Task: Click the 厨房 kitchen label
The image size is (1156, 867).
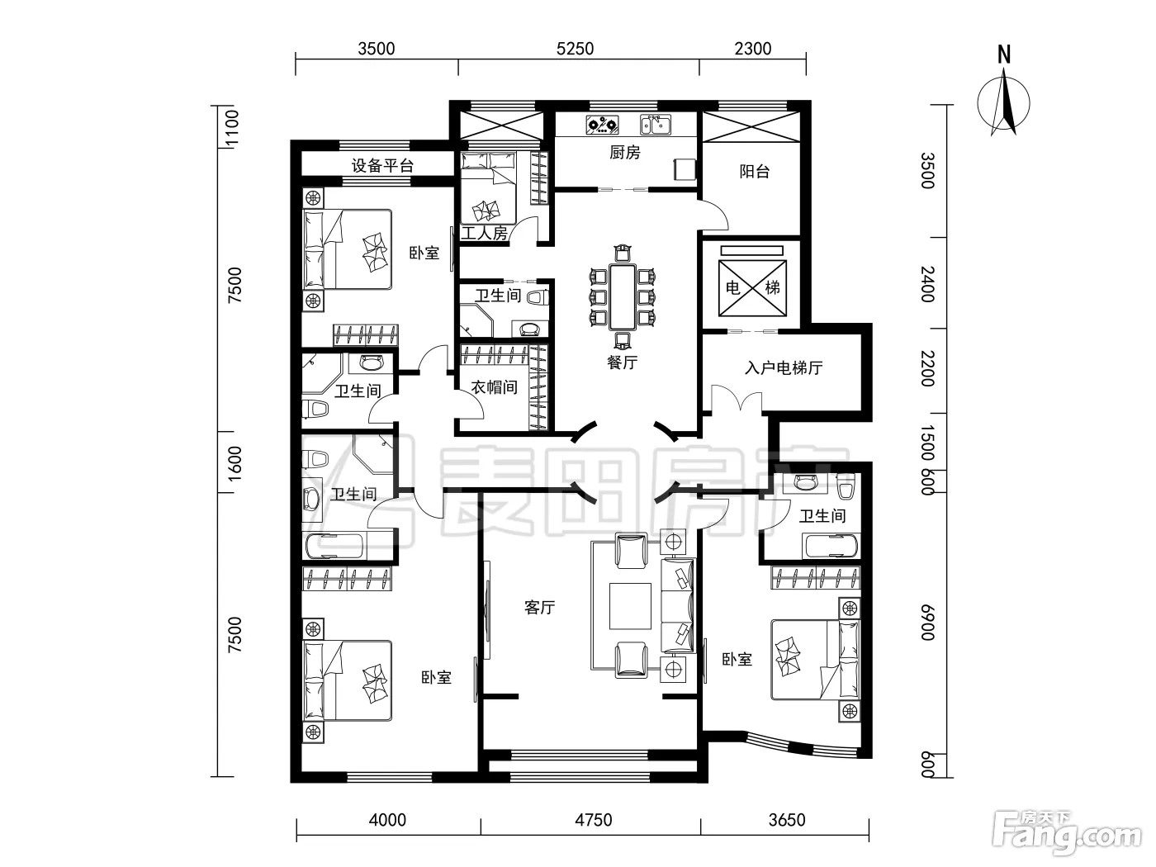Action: coord(624,153)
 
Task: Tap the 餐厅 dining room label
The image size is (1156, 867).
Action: coord(622,362)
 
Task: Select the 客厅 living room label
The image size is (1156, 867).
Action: coord(539,608)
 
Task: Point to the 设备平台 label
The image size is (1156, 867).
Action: coord(382,166)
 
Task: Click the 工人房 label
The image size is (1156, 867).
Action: coord(484,233)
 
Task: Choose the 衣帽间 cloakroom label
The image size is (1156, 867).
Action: coord(494,387)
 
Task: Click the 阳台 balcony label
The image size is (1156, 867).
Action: coord(754,171)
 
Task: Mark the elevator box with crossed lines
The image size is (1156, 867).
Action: coord(752,288)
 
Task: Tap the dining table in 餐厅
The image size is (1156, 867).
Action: coord(623,297)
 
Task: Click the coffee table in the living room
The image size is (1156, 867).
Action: coord(630,606)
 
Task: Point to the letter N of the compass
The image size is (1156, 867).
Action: coord(1004,54)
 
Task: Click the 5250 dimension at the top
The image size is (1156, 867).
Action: coord(575,49)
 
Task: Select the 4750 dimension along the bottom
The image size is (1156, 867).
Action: coord(594,820)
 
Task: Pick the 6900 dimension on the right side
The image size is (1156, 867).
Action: coord(928,623)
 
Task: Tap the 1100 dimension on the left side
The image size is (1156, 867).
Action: coord(232,128)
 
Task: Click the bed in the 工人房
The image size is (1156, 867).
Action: coord(488,188)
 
